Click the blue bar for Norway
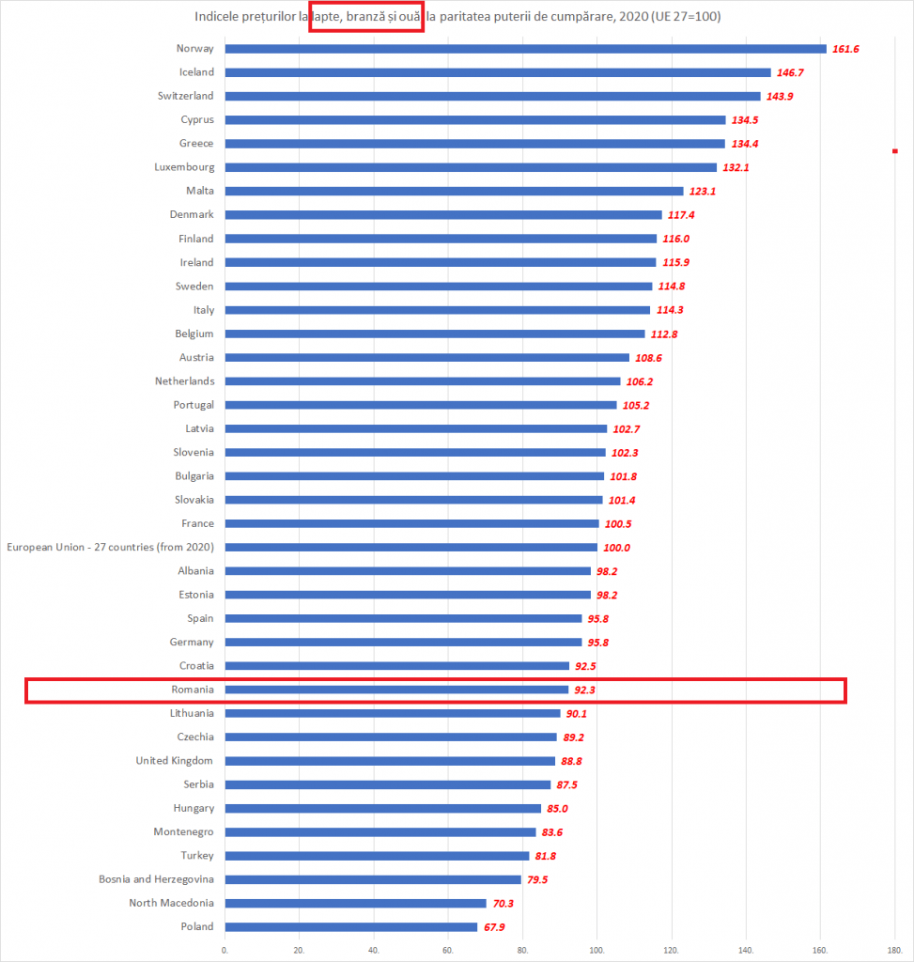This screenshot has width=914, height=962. [526, 49]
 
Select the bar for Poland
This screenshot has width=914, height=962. [351, 927]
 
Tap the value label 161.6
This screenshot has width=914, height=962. [846, 49]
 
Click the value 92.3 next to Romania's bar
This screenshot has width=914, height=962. [588, 690]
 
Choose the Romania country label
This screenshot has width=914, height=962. [192, 690]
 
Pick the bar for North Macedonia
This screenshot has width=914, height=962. [356, 904]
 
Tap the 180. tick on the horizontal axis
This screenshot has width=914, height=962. [894, 950]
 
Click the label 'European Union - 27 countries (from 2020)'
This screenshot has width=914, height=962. [110, 547]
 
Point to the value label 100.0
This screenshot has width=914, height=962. [617, 548]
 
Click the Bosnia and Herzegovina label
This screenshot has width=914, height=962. [156, 879]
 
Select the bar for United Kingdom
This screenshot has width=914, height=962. [390, 761]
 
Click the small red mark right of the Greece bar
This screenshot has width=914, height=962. [895, 150]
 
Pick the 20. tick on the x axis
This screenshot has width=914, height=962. [300, 950]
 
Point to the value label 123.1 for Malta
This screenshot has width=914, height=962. [704, 192]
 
